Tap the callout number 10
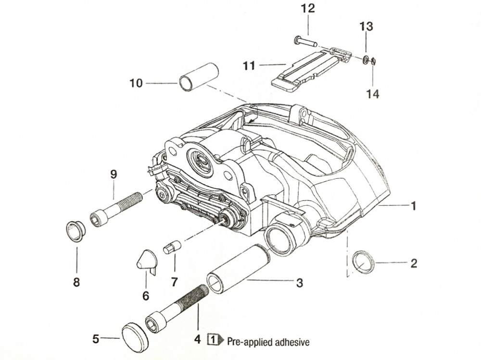click(x=136, y=83)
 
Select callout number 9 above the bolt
click(x=114, y=174)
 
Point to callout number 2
click(x=413, y=263)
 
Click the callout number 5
click(x=96, y=339)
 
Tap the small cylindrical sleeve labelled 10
click(x=198, y=76)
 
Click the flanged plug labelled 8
click(x=76, y=231)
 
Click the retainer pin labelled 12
click(x=305, y=42)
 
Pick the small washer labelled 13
click(x=366, y=60)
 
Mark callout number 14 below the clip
click(x=373, y=94)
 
